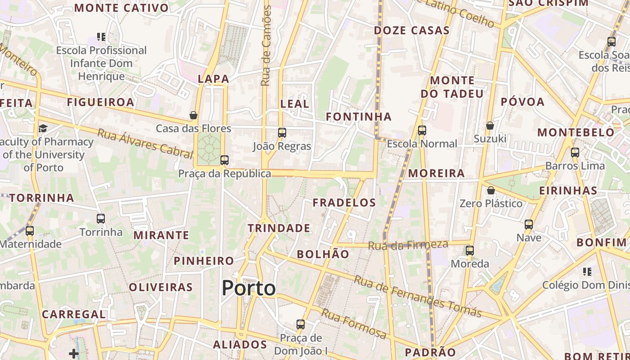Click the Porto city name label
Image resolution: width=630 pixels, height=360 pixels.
point(248,288)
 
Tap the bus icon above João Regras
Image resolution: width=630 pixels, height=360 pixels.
point(282,133)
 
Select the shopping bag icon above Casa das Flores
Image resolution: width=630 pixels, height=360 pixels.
point(193,115)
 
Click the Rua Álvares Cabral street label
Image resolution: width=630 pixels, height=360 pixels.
point(145,144)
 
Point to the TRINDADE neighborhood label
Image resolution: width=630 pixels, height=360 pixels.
point(279,228)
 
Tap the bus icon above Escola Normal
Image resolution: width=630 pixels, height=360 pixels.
point(422,130)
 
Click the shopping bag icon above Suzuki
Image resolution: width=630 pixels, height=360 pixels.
point(490,126)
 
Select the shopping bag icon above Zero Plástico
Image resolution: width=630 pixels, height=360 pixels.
point(491,190)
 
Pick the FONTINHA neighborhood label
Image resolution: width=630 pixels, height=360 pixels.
point(359,117)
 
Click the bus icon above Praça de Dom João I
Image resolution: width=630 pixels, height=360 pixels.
point(301,324)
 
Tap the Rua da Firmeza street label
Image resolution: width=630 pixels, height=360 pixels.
point(408,245)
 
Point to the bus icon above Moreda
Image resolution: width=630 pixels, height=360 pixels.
point(470,251)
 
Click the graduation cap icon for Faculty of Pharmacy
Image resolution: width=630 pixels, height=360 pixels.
point(43,129)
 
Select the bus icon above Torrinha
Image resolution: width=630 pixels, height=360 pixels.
point(101,219)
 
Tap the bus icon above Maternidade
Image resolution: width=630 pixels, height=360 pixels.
point(30,231)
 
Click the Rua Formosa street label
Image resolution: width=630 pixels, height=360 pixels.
point(354,324)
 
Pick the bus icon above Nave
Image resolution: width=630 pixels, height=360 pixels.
point(529,224)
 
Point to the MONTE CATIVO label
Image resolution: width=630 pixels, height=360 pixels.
point(121,8)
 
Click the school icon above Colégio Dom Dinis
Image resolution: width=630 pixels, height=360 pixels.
point(587,271)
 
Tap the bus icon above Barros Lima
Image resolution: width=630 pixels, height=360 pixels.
point(575,152)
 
